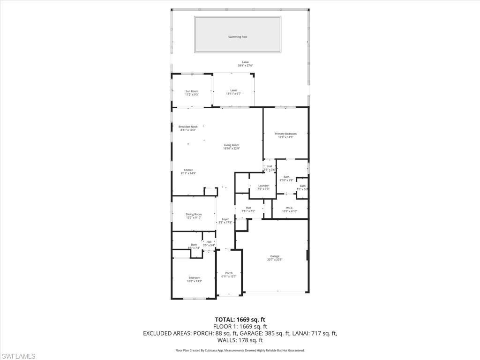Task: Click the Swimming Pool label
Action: [237, 37]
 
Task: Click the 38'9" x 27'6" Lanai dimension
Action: [245, 66]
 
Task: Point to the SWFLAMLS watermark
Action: [18, 356]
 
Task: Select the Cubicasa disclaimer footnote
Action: [240, 350]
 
